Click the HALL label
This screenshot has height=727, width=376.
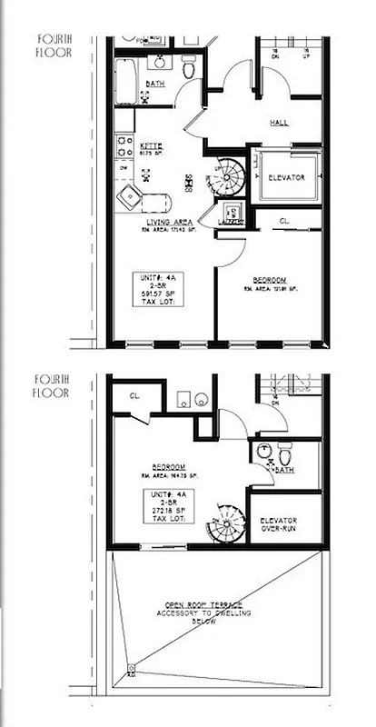pos(279,122)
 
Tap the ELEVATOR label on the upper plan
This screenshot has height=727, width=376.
pos(284,176)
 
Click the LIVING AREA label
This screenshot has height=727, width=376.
pos(166,222)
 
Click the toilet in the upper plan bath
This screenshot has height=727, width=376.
pos(189,67)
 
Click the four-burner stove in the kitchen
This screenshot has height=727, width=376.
pos(124,144)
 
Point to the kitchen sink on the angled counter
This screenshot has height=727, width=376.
pos(134,194)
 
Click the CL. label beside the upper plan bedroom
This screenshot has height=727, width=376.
pos(284,221)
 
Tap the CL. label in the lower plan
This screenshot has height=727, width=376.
pos(134,396)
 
